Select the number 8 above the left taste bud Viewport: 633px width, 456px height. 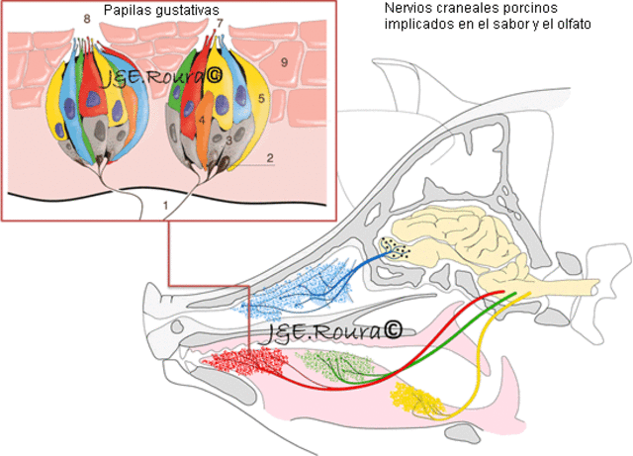click(x=86, y=20)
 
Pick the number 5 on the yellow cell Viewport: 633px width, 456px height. click(x=261, y=99)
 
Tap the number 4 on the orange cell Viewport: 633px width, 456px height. click(x=201, y=120)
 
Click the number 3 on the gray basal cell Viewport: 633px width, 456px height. click(x=228, y=140)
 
